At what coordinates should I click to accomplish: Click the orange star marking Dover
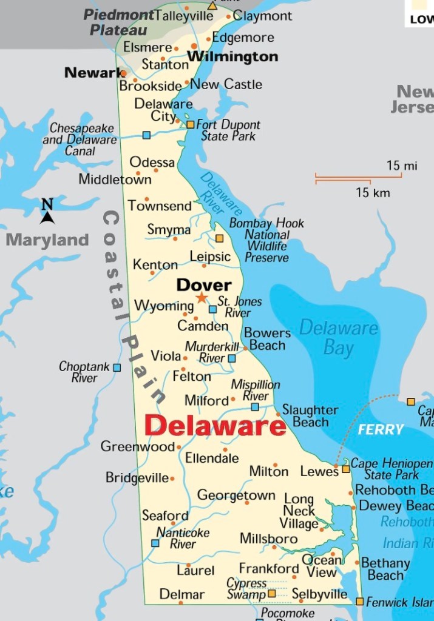(x=202, y=298)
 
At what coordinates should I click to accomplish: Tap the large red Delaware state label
(x=215, y=425)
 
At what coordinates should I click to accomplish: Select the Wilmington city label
(x=232, y=57)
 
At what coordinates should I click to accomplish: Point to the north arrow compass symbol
(x=47, y=212)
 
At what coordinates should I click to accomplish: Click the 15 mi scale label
(x=402, y=166)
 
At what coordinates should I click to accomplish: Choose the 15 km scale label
(x=373, y=193)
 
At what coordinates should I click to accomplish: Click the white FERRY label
(x=381, y=429)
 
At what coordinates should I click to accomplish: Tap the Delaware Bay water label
(x=339, y=338)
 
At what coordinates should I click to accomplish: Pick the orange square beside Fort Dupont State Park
(x=190, y=124)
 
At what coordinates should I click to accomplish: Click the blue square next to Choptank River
(x=117, y=368)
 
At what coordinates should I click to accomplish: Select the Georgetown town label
(x=236, y=495)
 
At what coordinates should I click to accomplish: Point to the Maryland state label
(x=47, y=240)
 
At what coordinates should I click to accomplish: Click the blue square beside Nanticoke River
(x=155, y=543)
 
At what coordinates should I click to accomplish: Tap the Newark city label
(x=93, y=73)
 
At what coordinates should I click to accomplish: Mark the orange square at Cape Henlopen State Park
(x=346, y=469)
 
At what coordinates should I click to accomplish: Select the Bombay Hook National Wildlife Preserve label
(x=266, y=240)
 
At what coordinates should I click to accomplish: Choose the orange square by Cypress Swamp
(x=272, y=593)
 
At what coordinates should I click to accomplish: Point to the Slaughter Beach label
(x=310, y=416)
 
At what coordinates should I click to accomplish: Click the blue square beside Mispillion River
(x=255, y=407)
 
